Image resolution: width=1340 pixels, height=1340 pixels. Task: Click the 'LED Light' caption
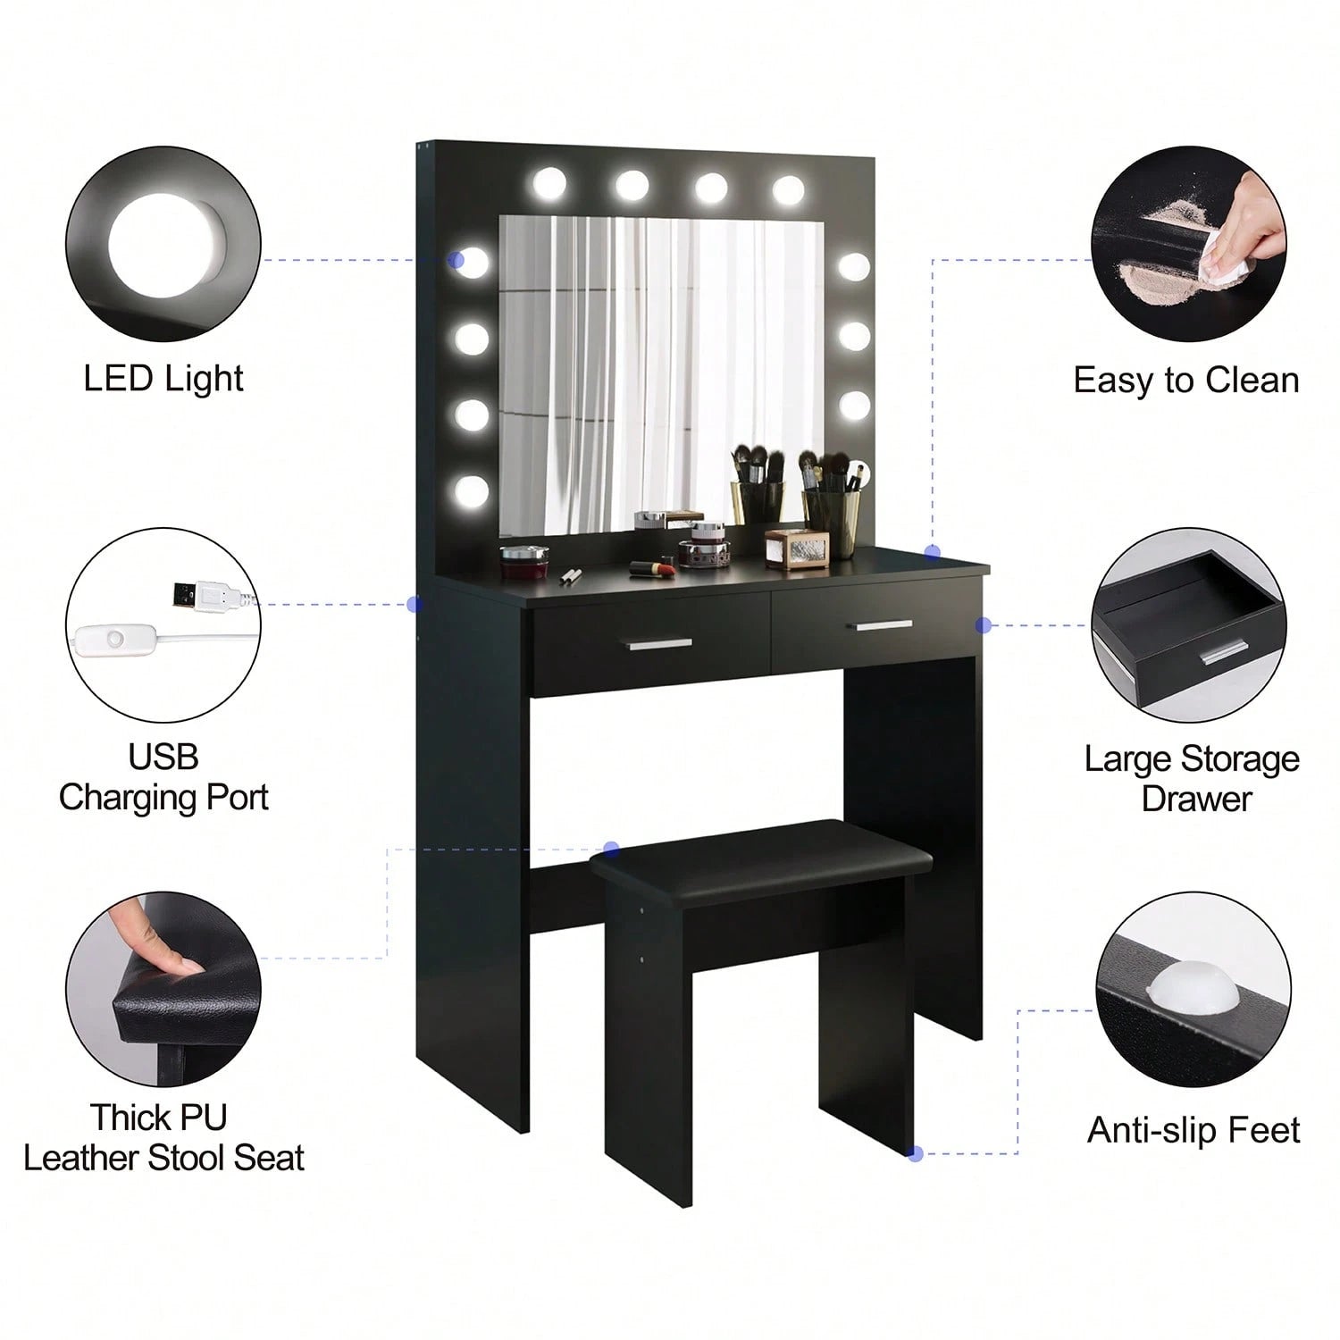coord(163,378)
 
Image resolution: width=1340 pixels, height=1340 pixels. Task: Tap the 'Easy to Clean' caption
coord(1186,381)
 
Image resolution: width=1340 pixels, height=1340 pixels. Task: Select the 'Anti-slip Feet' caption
coord(1193,1130)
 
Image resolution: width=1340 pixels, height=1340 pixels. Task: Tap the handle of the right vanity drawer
coord(884,626)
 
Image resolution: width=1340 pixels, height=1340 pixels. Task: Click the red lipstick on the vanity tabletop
coord(651,567)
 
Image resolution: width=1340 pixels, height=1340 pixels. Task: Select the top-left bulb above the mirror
coord(551,185)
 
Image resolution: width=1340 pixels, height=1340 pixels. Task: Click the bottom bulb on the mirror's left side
coord(472,489)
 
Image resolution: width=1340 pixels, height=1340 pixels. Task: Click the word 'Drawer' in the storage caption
coord(1196,798)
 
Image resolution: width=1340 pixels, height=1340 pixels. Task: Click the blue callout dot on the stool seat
coord(612,849)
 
